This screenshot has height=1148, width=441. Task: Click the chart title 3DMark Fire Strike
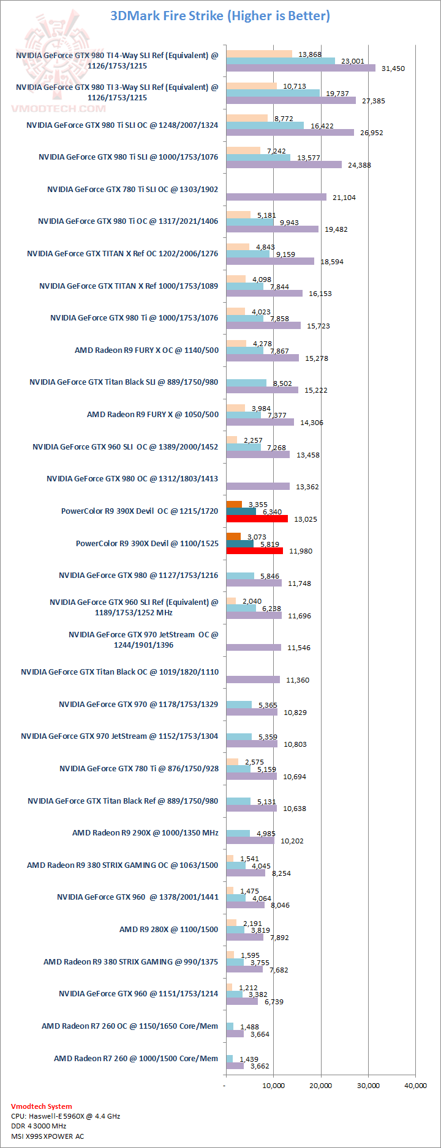(x=220, y=16)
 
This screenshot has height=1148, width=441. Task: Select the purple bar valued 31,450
(x=300, y=69)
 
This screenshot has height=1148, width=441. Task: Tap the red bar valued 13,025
(x=257, y=519)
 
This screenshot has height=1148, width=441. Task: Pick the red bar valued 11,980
(x=254, y=551)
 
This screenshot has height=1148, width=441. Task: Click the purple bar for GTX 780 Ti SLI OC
(x=276, y=197)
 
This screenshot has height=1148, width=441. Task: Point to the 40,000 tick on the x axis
(x=415, y=1086)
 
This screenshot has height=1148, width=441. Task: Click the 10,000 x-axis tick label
(x=273, y=1086)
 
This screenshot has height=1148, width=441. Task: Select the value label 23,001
(x=352, y=61)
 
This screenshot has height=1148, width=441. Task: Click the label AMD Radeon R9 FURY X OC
(x=146, y=350)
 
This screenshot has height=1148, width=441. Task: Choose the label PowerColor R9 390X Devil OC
(x=140, y=511)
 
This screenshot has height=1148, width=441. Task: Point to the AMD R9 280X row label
(x=168, y=930)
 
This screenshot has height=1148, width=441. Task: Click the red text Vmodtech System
(x=41, y=1106)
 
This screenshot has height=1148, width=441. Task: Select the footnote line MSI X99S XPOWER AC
(x=47, y=1136)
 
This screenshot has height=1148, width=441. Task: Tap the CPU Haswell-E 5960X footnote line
(x=66, y=1116)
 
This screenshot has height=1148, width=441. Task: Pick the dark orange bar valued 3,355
(x=233, y=505)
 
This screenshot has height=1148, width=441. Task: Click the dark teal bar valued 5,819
(x=239, y=544)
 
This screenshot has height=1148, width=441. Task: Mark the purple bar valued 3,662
(x=235, y=1066)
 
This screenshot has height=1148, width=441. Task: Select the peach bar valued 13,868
(x=258, y=54)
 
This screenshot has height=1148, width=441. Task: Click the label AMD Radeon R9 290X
(x=145, y=833)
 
